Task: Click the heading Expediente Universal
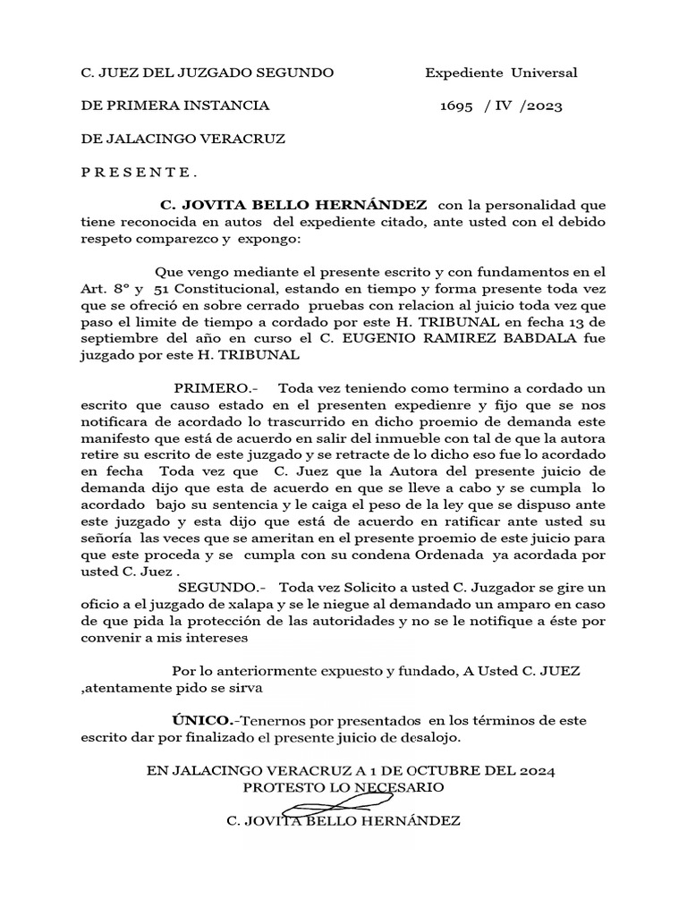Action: [501, 72]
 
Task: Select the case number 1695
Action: [456, 106]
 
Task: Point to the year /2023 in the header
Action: [540, 106]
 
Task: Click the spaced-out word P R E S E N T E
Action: [140, 173]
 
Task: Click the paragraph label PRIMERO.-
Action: [210, 387]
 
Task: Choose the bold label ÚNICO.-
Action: [204, 718]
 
